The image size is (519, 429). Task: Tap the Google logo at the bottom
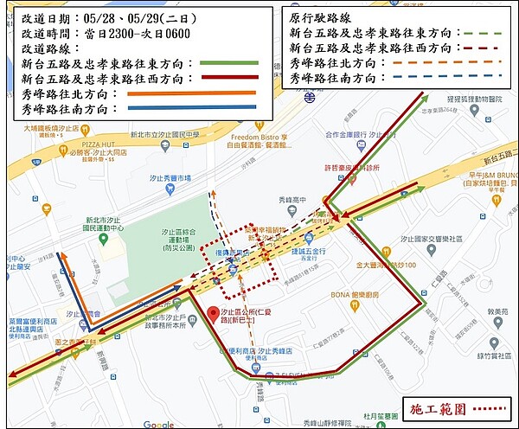coord(158,424)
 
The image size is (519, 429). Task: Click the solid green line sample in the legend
coord(228,62)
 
